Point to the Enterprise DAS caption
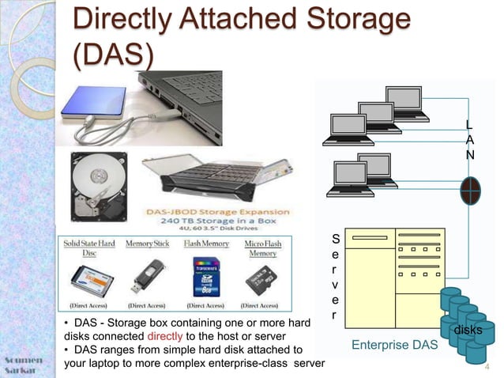[x=393, y=345]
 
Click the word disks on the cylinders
[x=468, y=328]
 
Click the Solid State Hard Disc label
[x=89, y=248]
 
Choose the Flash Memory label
[x=206, y=244]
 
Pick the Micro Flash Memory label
[x=262, y=248]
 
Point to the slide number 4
[x=487, y=366]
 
